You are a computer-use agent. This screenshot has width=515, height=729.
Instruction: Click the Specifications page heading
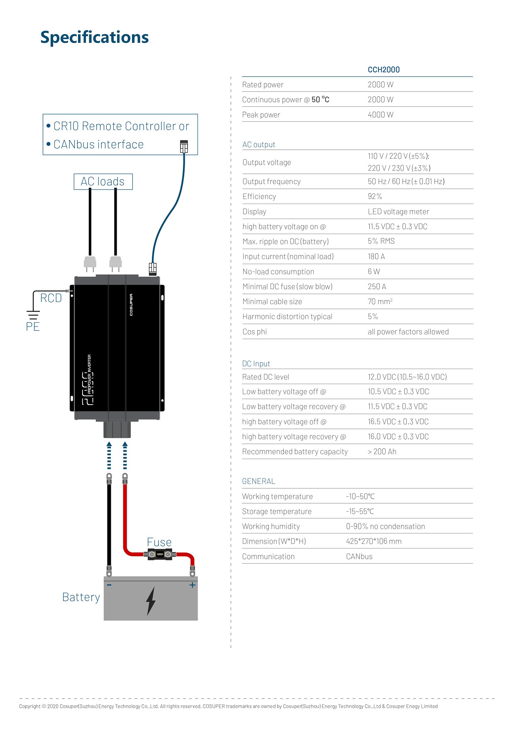(95, 38)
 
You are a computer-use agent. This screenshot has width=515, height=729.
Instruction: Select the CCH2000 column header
(384, 70)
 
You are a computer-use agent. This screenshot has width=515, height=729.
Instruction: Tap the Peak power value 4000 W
(381, 115)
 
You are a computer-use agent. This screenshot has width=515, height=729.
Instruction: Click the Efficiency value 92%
(375, 196)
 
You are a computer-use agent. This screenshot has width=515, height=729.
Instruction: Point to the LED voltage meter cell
(398, 211)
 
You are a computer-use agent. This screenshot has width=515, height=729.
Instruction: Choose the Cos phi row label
(255, 331)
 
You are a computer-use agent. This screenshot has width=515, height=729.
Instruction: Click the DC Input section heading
(256, 363)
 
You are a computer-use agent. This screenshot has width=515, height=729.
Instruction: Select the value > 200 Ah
(382, 452)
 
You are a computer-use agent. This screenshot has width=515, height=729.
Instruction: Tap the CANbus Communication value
(359, 557)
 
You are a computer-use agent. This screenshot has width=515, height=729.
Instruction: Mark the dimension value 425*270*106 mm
(374, 541)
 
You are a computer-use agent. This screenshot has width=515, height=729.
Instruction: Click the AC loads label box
(103, 182)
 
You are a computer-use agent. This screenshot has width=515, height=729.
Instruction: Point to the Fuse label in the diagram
(159, 542)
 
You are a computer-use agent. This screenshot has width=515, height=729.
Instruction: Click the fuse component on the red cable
(160, 554)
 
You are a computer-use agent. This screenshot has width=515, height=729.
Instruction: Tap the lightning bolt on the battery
(151, 601)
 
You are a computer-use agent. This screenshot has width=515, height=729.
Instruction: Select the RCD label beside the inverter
(51, 298)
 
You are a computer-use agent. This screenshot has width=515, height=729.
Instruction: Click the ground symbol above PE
(33, 315)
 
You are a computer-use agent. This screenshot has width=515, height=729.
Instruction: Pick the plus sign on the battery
(193, 585)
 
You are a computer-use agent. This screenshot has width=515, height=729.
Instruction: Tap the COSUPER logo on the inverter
(131, 305)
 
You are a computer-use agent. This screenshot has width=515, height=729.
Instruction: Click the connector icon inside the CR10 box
(184, 146)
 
